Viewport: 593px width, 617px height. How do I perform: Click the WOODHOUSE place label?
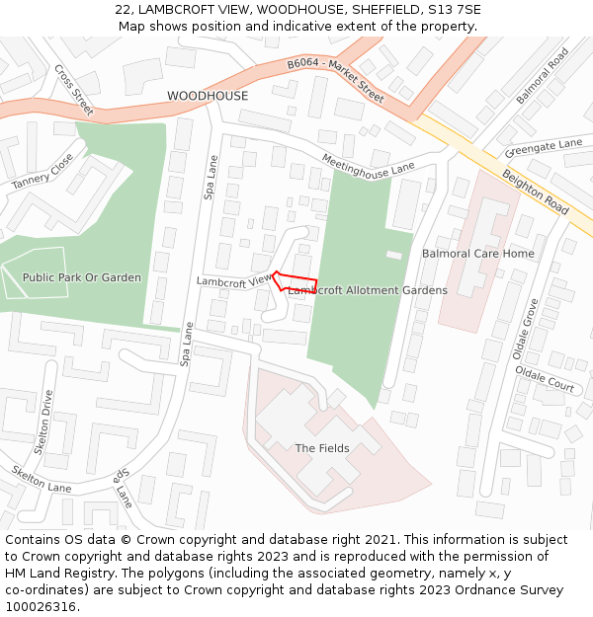pos(208,96)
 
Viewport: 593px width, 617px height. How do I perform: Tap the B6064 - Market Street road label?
pos(336,80)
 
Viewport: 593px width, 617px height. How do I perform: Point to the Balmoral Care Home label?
pos(478,254)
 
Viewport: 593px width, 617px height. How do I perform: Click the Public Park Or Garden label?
pos(82,278)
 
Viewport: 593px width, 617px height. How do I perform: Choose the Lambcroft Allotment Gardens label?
pos(369,290)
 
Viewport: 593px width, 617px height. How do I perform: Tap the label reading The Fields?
pos(322,448)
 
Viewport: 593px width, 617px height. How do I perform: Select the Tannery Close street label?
pos(42,172)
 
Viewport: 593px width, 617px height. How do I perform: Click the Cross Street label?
pos(74,89)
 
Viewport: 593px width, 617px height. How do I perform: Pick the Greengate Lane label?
pos(544,148)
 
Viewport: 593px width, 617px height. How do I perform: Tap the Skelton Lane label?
pos(42,480)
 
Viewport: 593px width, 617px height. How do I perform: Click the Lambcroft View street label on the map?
pos(233,281)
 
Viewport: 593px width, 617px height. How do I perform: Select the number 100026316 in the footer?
pos(41,606)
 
